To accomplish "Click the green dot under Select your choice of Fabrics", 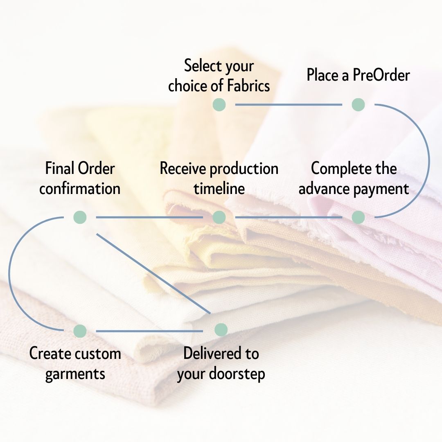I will tap(219, 104).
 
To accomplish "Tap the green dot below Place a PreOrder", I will tap(358, 104).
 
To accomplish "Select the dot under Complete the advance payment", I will tap(358, 217).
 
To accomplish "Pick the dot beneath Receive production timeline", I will tap(219, 217).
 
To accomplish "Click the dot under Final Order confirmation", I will tap(80, 217).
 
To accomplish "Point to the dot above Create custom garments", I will tap(80, 331).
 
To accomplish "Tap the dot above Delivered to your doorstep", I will tap(221, 329).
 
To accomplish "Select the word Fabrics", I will tap(248, 86).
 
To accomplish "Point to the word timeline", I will tap(219, 189).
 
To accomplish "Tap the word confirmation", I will tap(80, 189).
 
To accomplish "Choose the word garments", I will tap(75, 374).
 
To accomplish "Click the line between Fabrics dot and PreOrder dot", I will tap(289, 104).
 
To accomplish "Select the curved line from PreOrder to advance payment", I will tap(429, 161).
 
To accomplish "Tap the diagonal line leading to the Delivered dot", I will tap(153, 273).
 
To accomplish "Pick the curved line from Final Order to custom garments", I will tap(9, 273).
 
